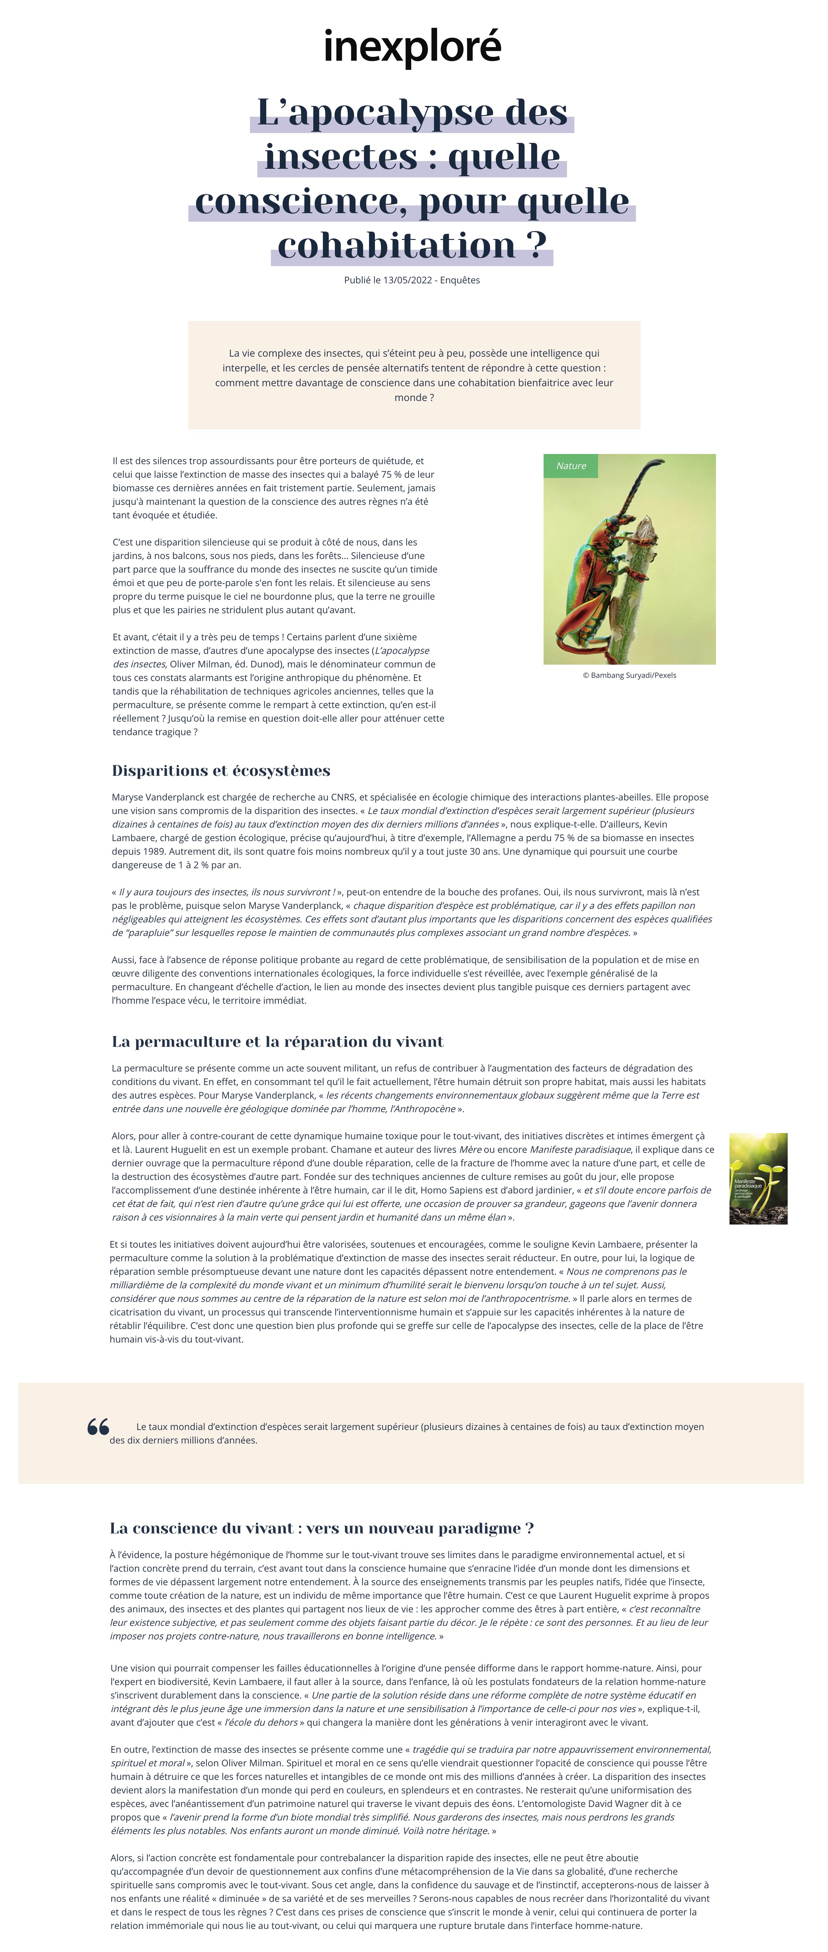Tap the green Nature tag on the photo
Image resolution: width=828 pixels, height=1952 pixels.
570,466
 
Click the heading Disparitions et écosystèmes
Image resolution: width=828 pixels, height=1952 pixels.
220,771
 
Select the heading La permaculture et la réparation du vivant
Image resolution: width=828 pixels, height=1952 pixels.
277,1042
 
